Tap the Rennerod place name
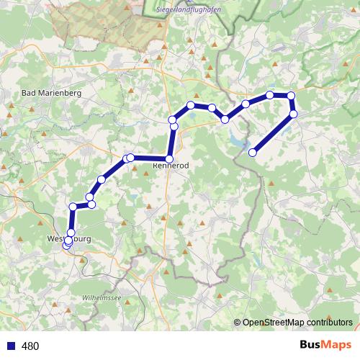tap(171, 166)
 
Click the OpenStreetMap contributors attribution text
tap(297, 322)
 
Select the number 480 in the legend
tap(31, 346)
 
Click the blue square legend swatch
tap(11, 346)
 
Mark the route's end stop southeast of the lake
tap(253, 152)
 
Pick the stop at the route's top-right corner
tap(291, 96)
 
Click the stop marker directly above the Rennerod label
tap(170, 158)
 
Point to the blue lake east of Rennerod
tap(238, 141)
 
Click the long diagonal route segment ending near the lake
tap(274, 133)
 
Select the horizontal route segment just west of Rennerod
tap(150, 158)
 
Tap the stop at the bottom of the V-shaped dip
tap(225, 119)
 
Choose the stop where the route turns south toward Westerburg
tap(73, 207)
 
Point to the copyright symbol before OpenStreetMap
tap(238, 322)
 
